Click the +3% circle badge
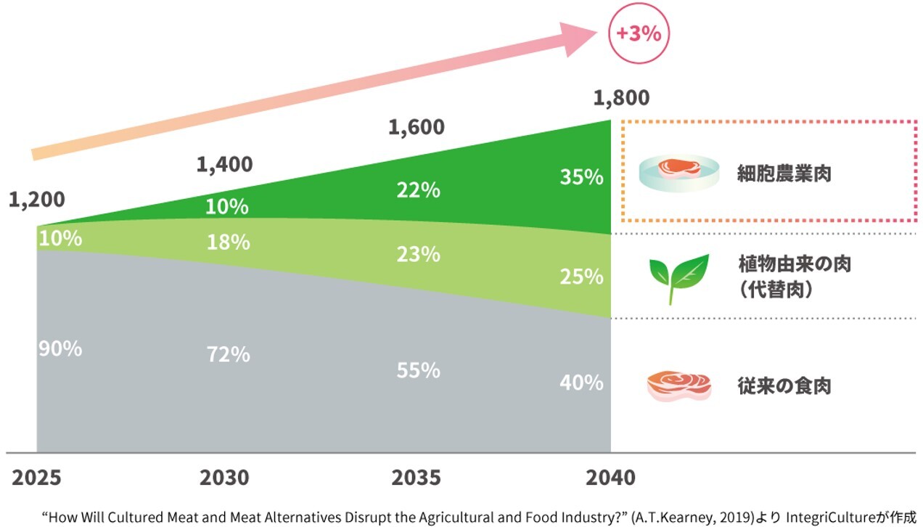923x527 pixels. point(639,34)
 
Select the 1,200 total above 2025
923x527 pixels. point(37,200)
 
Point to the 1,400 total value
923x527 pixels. point(225,165)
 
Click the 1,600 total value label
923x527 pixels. point(417,127)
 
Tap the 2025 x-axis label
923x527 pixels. point(36,478)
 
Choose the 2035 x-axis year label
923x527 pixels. point(416,478)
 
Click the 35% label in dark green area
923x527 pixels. point(581,177)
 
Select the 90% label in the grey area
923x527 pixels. point(60,349)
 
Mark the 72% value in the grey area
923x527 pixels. point(228,354)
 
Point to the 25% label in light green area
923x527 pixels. point(581,277)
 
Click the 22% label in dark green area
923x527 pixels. point(418,190)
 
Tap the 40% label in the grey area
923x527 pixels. point(581,382)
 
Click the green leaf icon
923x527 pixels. point(678,277)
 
